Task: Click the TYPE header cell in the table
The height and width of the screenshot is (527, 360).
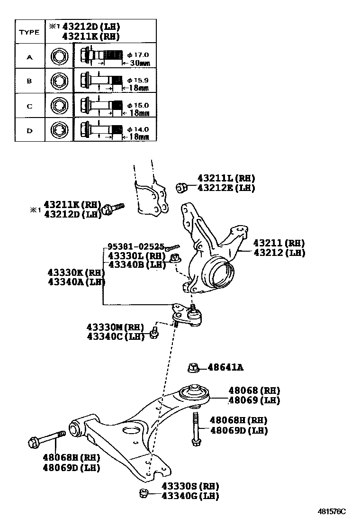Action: click(x=29, y=32)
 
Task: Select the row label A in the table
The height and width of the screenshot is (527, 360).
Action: click(x=29, y=57)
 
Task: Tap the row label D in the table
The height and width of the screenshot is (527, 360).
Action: click(x=29, y=130)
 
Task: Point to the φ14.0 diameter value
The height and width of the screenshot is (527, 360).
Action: click(x=138, y=128)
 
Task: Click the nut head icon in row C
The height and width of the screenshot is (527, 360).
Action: click(x=59, y=105)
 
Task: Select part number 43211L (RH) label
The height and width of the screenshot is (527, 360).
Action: click(x=226, y=178)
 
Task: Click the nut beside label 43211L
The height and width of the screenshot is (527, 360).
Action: click(x=180, y=188)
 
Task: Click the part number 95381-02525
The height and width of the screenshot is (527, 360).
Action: click(x=135, y=246)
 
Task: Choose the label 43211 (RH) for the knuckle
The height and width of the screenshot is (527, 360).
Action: click(x=279, y=243)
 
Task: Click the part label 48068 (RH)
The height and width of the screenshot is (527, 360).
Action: click(x=254, y=391)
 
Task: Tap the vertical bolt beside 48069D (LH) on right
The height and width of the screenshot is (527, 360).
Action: click(x=195, y=428)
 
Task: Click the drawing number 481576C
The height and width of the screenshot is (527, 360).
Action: click(x=332, y=512)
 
